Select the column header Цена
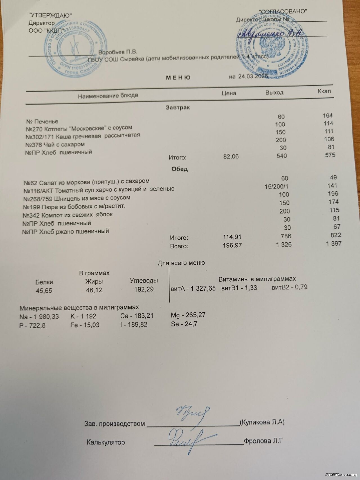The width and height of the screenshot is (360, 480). click(x=229, y=93)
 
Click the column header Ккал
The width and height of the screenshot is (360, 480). click(x=324, y=91)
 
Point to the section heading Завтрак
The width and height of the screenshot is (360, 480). click(x=178, y=107)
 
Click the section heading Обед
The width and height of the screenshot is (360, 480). click(x=179, y=169)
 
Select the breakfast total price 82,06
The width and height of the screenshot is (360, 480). click(x=231, y=156)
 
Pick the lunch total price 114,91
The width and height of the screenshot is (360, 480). click(x=232, y=237)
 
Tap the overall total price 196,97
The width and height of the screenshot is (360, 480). click(x=232, y=246)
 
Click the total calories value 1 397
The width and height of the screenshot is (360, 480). click(x=334, y=243)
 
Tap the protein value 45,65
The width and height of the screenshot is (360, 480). click(x=44, y=291)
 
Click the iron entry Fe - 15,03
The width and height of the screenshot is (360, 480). click(x=85, y=325)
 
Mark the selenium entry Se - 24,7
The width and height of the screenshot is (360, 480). click(x=184, y=324)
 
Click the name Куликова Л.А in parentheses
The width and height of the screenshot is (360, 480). click(x=262, y=422)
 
